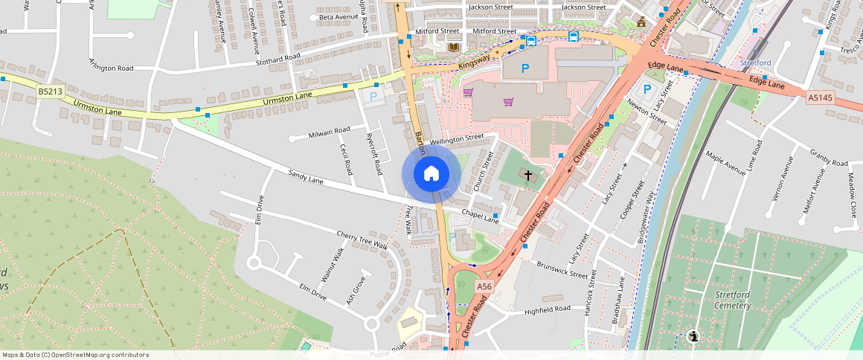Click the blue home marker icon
(x=431, y=174)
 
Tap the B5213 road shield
(x=49, y=91)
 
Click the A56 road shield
(x=484, y=286)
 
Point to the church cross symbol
(x=528, y=176)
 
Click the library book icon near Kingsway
(x=452, y=48)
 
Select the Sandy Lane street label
(x=306, y=178)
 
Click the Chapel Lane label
(x=480, y=217)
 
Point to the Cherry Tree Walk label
(x=362, y=240)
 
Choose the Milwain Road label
(x=330, y=132)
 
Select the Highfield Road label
(x=547, y=309)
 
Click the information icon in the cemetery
(x=693, y=337)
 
